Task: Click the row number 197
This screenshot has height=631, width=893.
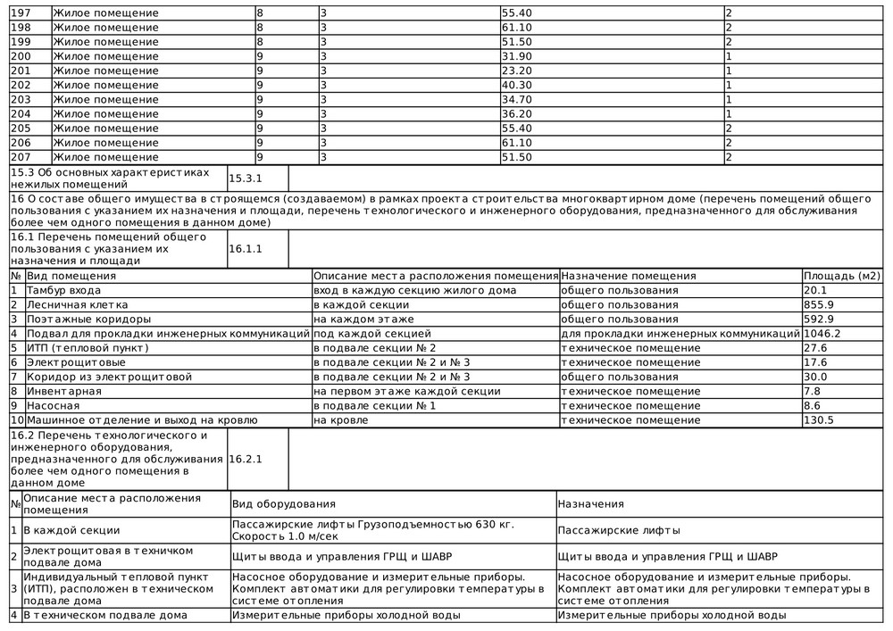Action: pos(20,13)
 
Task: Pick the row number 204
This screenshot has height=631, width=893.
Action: pos(20,114)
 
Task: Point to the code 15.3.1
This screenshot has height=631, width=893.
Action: pos(246,179)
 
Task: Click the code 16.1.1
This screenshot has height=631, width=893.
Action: pos(246,249)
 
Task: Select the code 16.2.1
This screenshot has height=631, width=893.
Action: pos(246,459)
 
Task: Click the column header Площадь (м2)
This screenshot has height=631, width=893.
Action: pos(842,276)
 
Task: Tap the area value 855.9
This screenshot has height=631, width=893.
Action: pos(819,304)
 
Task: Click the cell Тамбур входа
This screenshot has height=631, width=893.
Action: pos(63,290)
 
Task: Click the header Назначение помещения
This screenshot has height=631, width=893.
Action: pos(628,276)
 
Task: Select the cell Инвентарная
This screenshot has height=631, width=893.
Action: pos(58,391)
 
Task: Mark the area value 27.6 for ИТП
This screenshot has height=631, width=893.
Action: pos(815,347)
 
